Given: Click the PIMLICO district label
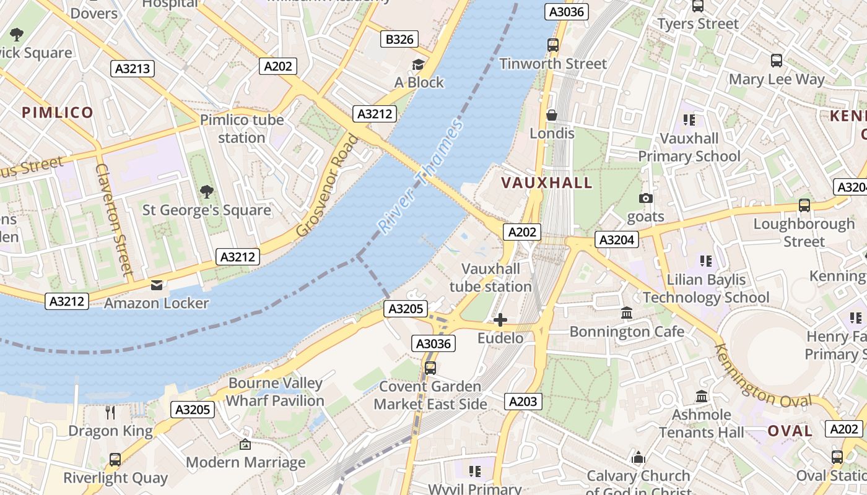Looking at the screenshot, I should point(58,112).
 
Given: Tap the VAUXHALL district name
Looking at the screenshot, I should point(547,183).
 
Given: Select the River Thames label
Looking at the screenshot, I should point(421,177).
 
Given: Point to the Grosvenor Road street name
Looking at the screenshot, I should point(328,186).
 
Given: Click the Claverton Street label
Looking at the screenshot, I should point(115,219).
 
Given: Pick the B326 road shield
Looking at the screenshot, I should point(399,40).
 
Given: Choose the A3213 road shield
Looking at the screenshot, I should point(133,68).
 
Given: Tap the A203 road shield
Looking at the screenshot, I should point(523,402).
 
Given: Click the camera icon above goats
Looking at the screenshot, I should point(646,198).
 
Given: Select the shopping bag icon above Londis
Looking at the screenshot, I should point(552,115).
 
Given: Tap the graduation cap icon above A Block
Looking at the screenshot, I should point(419,64).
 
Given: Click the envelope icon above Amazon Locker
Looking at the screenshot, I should point(156,285).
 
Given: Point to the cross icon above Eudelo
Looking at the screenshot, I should point(500,320).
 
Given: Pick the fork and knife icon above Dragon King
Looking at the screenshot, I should point(110,412).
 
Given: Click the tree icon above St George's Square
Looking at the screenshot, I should point(206,192).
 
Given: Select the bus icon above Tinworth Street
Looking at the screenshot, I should point(552,45).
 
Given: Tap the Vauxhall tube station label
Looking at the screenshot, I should point(490,278).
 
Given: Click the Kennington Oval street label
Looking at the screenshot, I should point(762,376).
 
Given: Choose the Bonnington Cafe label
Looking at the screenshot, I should point(627,332).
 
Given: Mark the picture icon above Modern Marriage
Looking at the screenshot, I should point(245,444).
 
